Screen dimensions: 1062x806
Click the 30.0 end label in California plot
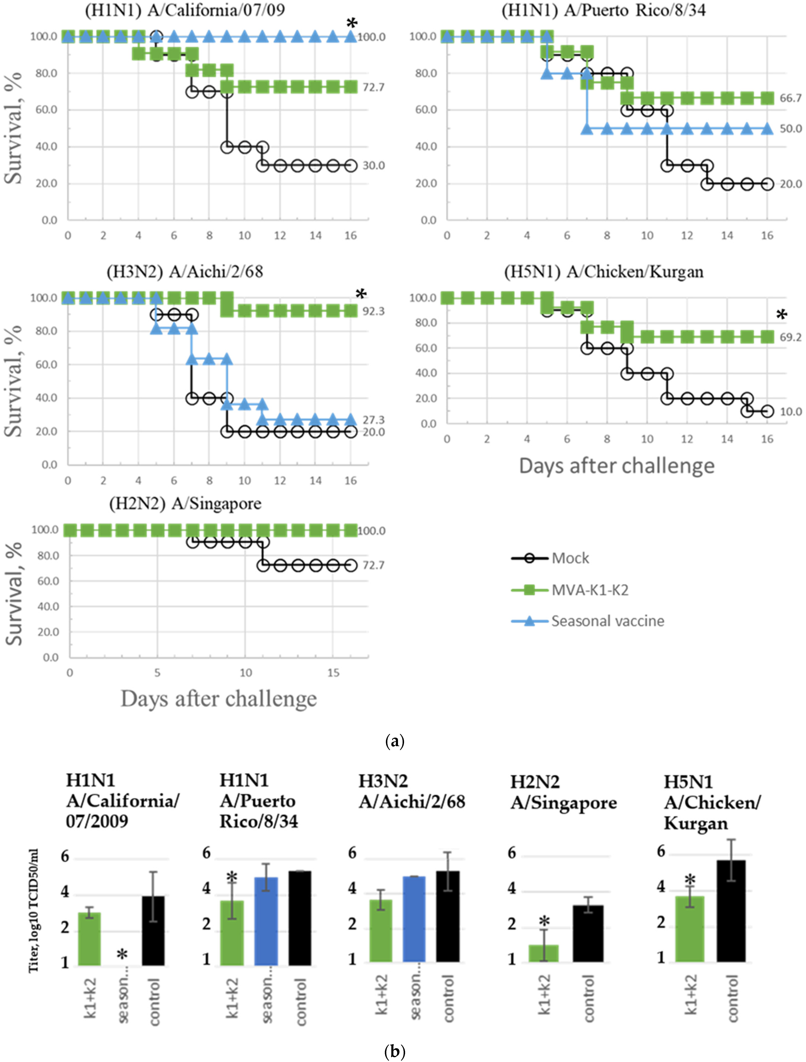tap(373, 166)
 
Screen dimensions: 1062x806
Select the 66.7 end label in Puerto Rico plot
tap(790, 98)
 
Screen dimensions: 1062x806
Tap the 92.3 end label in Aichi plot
tap(373, 311)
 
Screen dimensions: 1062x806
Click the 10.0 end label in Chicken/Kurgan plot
tap(790, 412)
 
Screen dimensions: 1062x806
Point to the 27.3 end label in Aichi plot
tap(373, 420)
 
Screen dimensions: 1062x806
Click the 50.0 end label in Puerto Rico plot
tap(790, 129)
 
